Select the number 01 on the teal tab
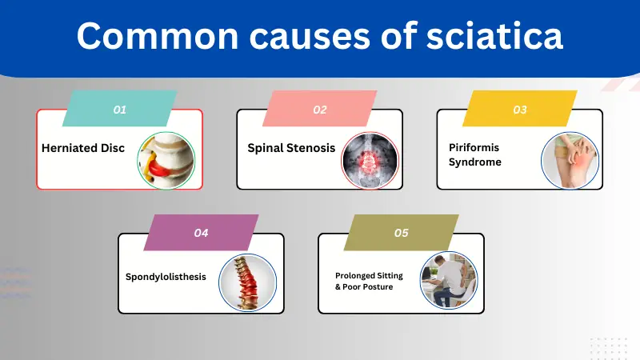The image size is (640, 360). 120,110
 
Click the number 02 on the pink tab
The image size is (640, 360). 320,110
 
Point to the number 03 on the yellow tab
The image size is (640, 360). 520,110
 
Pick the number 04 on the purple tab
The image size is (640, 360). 201,233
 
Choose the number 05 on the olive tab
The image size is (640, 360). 402,233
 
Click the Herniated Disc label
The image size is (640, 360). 83,148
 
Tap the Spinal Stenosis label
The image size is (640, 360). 291,148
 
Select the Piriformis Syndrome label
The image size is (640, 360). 474,155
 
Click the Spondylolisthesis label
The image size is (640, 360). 166,277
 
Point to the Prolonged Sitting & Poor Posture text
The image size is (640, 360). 369,281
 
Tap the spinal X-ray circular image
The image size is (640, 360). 368,159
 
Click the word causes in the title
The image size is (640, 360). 308,37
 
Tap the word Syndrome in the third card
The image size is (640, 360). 475,162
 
